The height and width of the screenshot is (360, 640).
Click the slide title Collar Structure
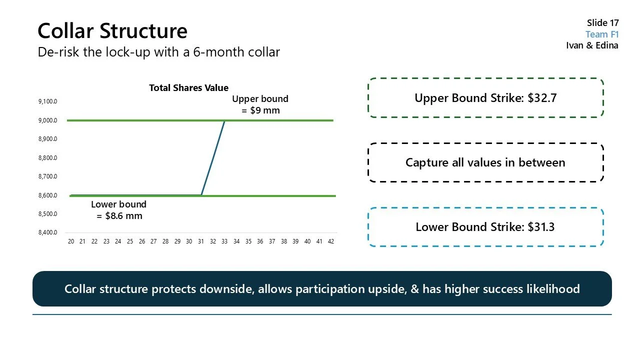coord(112,31)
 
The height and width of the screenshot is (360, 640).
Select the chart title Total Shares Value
coord(188,88)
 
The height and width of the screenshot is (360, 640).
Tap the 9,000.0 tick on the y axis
coord(47,120)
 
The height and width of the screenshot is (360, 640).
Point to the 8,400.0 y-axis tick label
coord(47,233)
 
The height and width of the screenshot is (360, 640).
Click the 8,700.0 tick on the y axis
coord(47,176)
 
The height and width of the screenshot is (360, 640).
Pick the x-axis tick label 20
coord(71,241)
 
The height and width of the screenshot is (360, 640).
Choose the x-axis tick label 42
coord(331,241)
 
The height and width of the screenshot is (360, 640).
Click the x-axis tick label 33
coord(224,241)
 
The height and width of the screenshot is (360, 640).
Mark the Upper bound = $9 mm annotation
coord(260,104)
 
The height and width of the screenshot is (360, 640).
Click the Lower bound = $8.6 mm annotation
coord(119,210)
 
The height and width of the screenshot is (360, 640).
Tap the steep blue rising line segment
coord(213,157)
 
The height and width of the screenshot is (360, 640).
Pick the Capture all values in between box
coord(485,162)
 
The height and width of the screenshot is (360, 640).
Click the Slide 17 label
coord(602,23)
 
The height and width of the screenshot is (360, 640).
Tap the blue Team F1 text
coord(602,34)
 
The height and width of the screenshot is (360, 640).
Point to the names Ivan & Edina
coord(592,45)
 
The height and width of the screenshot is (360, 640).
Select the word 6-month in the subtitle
coord(217,52)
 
